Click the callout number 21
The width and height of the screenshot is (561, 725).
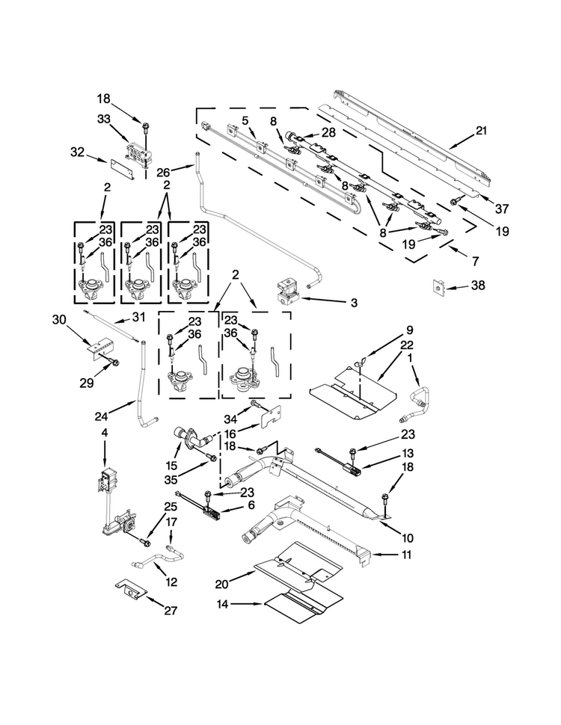coord(481,131)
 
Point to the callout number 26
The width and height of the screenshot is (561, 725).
coord(184,171)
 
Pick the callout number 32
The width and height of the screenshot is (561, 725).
coord(79,152)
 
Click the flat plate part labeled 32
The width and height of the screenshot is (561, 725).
coord(123,165)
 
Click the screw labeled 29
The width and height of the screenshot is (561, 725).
coord(114,362)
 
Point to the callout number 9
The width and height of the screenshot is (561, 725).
coord(410,330)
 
